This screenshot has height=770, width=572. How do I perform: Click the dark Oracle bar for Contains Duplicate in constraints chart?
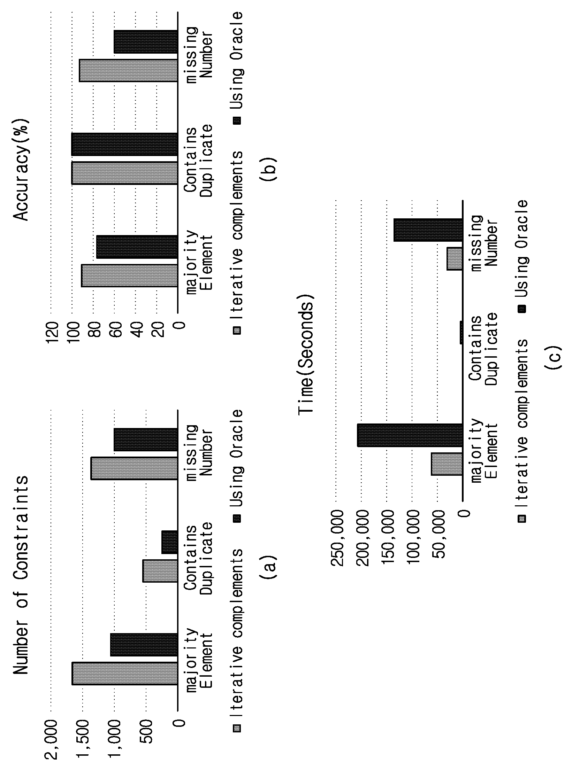[170, 542]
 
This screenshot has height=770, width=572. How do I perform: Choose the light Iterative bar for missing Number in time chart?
[455, 258]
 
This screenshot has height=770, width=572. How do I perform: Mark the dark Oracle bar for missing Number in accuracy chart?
[146, 42]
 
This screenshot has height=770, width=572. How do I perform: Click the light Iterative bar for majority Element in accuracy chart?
[129, 275]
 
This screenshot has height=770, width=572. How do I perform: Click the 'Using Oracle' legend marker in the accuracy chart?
[237, 121]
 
